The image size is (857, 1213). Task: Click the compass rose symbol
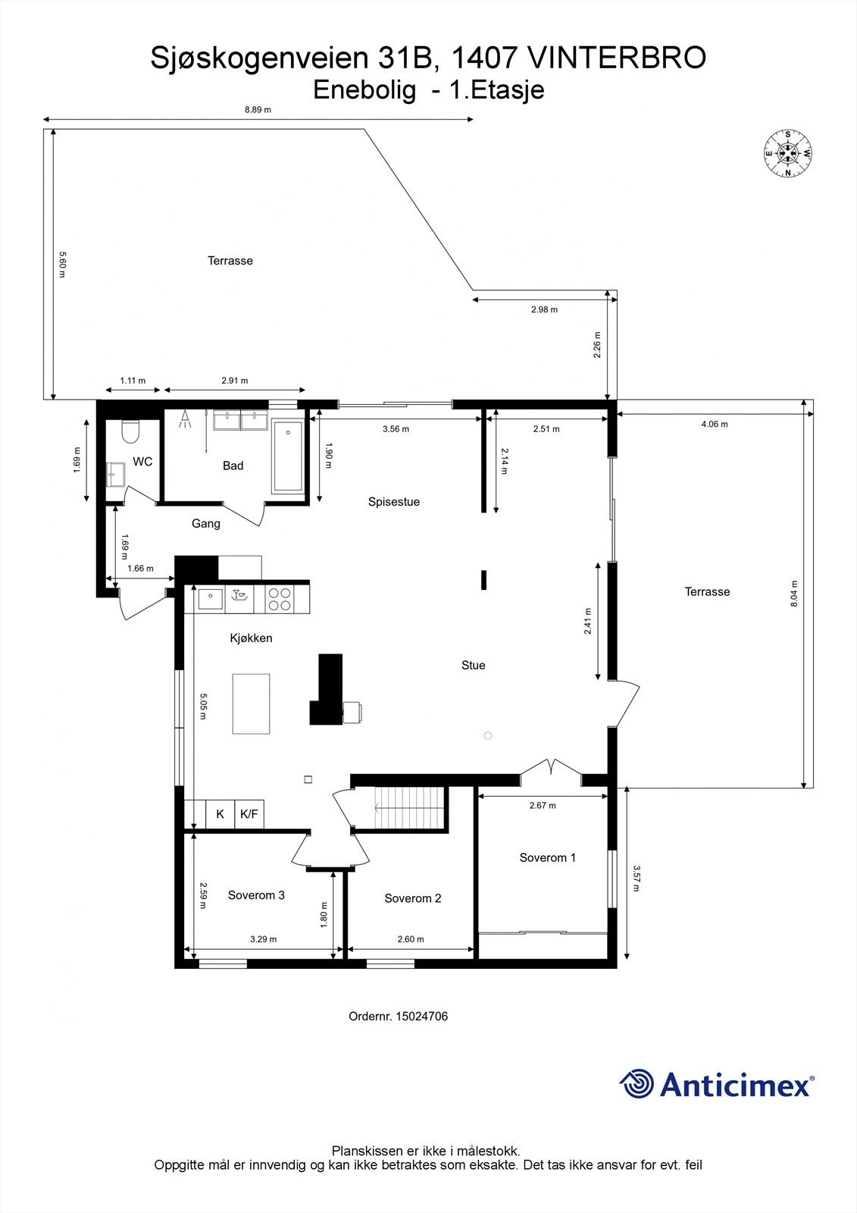point(788,154)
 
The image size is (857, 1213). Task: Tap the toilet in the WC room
point(130,432)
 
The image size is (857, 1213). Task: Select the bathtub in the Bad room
point(287,456)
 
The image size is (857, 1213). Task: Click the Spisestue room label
point(394,502)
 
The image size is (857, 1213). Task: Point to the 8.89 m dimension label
point(258,110)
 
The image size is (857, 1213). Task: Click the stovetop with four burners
point(280,599)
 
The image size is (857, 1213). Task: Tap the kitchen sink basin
point(209,599)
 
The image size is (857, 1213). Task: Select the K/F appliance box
point(249,815)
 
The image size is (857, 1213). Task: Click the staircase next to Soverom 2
point(409,809)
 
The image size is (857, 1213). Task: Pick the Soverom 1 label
point(547,858)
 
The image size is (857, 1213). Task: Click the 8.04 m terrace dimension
point(794,594)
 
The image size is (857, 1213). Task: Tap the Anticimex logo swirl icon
point(636,1084)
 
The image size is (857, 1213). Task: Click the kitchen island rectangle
point(251,704)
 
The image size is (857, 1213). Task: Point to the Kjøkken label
point(251,638)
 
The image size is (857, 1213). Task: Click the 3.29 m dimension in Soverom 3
point(263,939)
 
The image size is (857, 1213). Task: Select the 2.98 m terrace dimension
point(543,310)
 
